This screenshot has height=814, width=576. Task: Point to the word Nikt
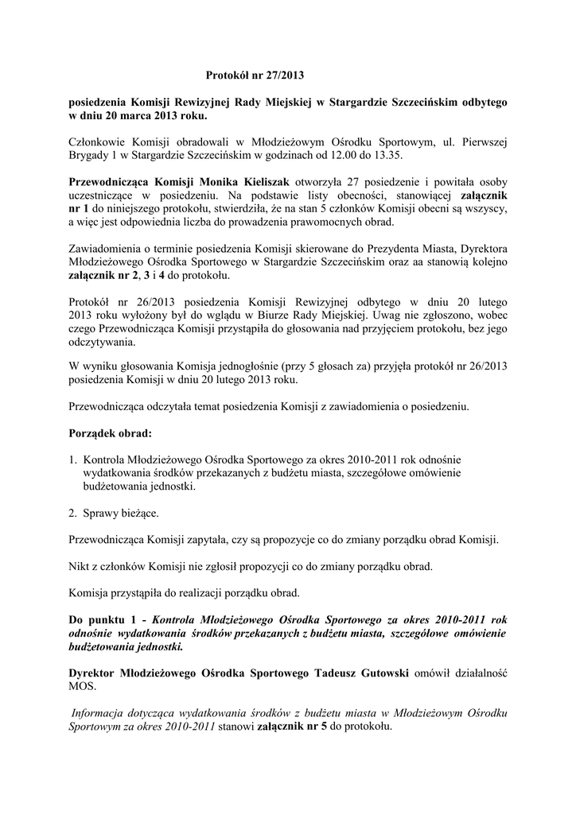coord(80,567)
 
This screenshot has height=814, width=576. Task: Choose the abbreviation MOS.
coord(82,686)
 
